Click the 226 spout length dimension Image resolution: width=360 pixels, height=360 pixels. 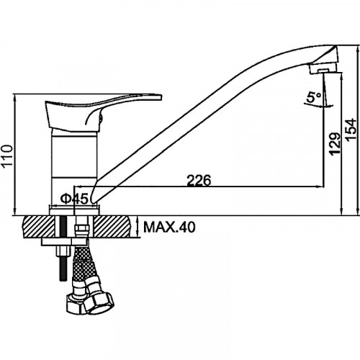pos(199,180)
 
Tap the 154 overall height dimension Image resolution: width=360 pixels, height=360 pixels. pos(351,130)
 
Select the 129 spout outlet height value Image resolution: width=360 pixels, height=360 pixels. pos(335,143)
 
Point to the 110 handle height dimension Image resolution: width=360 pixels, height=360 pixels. pos(6,156)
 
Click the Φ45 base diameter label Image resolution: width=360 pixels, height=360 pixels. pos(74,199)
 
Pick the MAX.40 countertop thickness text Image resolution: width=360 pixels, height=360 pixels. pos(169,227)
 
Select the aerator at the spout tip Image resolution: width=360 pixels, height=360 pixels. pos(324,68)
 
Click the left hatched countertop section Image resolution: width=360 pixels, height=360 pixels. pos(38,227)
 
